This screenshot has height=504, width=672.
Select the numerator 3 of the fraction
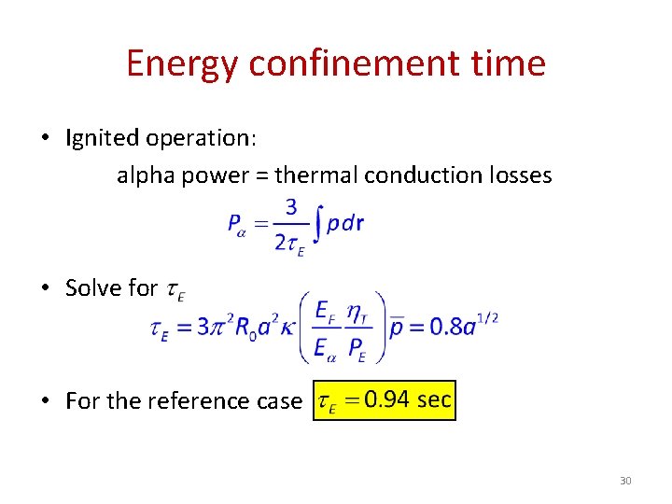(x=292, y=206)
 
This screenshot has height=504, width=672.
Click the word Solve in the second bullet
(x=91, y=288)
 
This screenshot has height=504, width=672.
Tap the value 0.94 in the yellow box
(x=387, y=400)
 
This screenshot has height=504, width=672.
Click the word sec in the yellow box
(x=434, y=400)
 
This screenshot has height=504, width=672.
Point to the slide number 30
(x=625, y=481)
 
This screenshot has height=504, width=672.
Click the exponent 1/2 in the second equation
(x=487, y=318)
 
